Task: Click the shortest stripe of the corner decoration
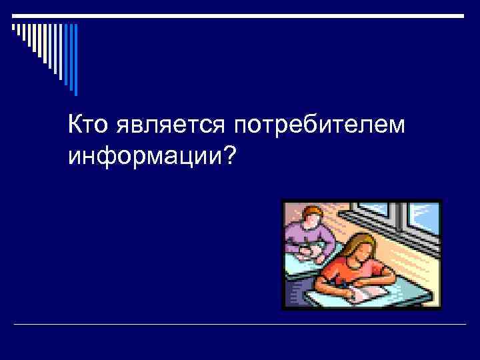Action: click(x=13, y=27)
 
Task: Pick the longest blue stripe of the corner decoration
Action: click(x=75, y=59)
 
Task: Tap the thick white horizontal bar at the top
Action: click(x=239, y=15)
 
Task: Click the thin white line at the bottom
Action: click(x=239, y=325)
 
